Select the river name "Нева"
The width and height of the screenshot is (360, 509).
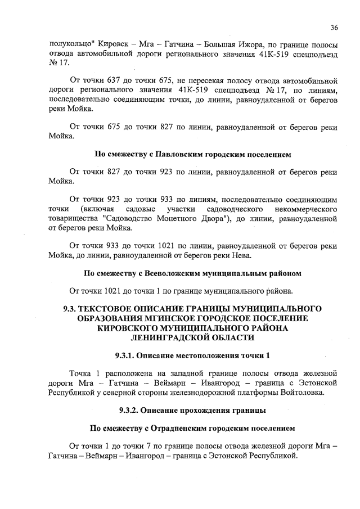[x=239, y=255]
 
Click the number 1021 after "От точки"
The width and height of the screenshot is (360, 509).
[x=114, y=291]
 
